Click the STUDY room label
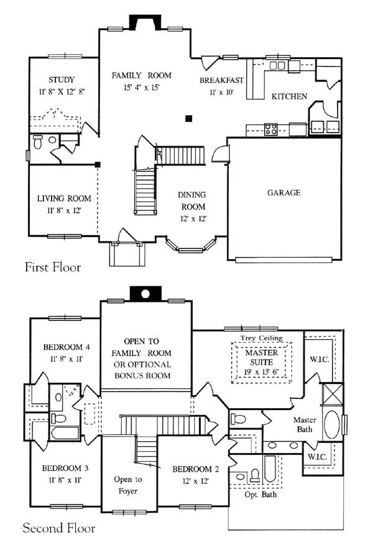[x=62, y=80]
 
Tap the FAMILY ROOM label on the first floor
[x=142, y=75]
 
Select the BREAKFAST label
[x=221, y=80]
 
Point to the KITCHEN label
[x=289, y=96]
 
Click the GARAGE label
[x=284, y=192]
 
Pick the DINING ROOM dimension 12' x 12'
[x=193, y=218]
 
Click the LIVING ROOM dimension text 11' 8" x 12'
[x=64, y=210]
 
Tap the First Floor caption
[x=53, y=267]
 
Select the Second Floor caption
[x=59, y=528]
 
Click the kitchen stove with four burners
[x=271, y=129]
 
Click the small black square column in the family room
[x=189, y=119]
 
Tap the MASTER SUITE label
[x=262, y=357]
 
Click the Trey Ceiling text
[x=262, y=338]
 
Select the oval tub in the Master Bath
[x=332, y=424]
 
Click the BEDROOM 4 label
[x=67, y=347]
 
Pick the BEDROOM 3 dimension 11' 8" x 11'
[x=65, y=480]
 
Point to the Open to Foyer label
[x=128, y=485]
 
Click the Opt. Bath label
[x=260, y=495]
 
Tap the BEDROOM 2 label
[x=195, y=469]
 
